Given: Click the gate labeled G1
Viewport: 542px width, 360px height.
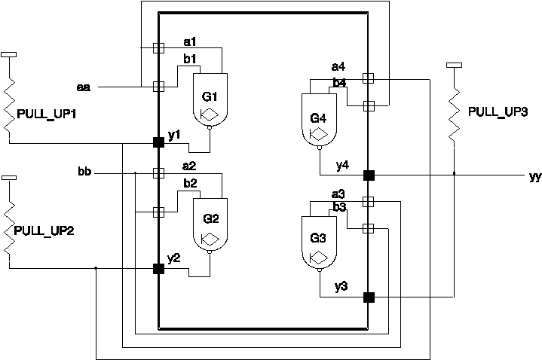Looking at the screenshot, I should (x=210, y=99).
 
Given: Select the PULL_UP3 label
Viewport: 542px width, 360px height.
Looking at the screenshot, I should (x=498, y=111).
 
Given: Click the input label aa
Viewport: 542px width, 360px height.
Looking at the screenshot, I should (x=84, y=87).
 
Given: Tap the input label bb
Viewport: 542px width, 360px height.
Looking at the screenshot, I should (x=84, y=172).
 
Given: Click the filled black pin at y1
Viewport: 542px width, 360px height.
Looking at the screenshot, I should (x=158, y=142).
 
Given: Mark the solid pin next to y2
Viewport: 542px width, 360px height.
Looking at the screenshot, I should (x=158, y=268).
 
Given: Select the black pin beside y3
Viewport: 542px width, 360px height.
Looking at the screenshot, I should (x=369, y=297).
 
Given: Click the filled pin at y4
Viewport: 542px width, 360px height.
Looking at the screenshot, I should (x=369, y=175).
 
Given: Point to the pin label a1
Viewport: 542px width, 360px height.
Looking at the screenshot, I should (x=189, y=41).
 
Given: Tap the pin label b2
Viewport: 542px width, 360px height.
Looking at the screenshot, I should (x=189, y=184).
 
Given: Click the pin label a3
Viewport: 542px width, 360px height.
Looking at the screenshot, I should (x=338, y=194).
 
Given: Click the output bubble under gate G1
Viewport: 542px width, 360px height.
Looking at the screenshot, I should (x=210, y=127).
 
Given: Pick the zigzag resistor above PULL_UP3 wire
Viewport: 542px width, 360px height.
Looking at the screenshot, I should (x=455, y=113).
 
